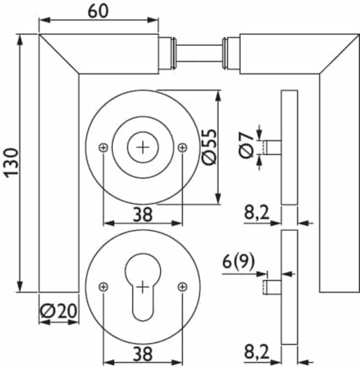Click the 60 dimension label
pos(98,11)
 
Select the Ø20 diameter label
pos(59,311)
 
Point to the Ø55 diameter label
pos(210,147)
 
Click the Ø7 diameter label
pos(246,145)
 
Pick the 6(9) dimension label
pos(238,261)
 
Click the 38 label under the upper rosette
pos(143,214)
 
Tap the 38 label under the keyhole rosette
pos(143,354)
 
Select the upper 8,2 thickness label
pos(257,212)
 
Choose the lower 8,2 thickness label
pos(257,352)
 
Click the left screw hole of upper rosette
pos(103,147)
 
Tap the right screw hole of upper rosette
pos(183,147)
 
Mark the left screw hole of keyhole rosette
pos(103,287)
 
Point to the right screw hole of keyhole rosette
pos(183,287)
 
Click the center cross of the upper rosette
pos(143,147)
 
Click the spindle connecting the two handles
pos(199,53)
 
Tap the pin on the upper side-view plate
pos(272,148)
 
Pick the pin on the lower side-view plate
pos(272,287)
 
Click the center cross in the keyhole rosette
pos(143,287)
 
